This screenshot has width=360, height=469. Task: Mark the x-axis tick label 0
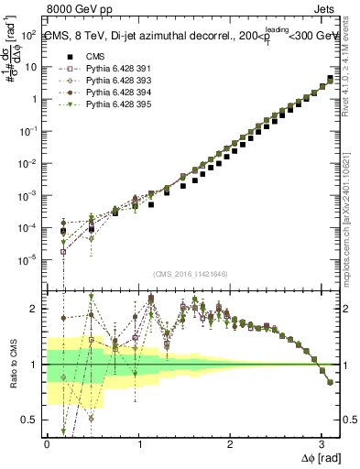[47, 443]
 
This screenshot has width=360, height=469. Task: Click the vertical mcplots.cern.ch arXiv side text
[352, 211]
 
